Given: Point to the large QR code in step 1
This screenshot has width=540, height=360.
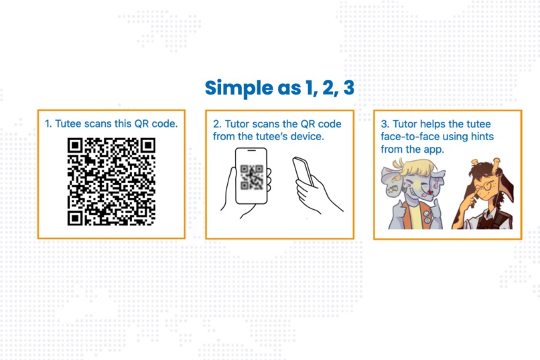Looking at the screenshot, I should pos(111,181).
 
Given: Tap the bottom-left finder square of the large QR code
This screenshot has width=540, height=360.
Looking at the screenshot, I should pos(75,218).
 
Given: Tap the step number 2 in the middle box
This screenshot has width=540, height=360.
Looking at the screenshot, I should pos(216,124).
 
